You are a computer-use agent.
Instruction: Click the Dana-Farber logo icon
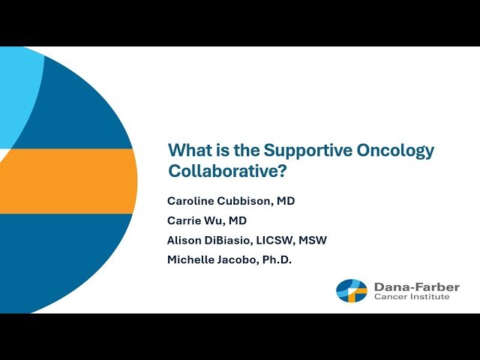pyautogui.click(x=352, y=291)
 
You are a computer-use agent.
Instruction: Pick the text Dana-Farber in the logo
pyautogui.click(x=417, y=286)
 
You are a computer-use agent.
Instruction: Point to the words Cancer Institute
pyautogui.click(x=412, y=298)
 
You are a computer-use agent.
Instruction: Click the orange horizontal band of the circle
pyautogui.click(x=67, y=181)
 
